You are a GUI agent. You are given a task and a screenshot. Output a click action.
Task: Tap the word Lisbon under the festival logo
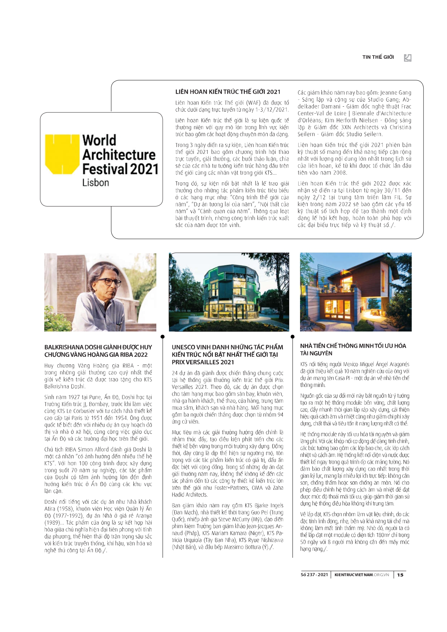[95, 183]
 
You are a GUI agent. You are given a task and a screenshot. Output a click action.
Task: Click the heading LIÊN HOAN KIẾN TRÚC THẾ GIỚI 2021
[228, 92]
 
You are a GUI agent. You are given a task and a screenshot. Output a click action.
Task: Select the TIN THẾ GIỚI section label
[378, 57]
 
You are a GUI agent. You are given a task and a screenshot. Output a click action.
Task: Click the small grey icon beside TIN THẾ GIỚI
[407, 58]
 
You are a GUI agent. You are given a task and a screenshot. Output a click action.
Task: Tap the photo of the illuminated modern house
[356, 292]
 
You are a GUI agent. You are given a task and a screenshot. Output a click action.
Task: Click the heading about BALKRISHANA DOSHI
[98, 351]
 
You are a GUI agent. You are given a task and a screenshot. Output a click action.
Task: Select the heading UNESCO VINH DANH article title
[227, 354]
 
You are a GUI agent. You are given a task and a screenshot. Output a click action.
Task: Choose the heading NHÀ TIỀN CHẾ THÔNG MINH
[353, 350]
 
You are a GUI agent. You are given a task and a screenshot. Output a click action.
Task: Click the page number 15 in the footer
[400, 575]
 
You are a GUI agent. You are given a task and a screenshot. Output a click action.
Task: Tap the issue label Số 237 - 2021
[314, 575]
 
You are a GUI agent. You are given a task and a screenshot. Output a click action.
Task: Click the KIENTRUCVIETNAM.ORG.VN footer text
[362, 575]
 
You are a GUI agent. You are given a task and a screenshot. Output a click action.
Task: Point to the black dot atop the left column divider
[162, 337]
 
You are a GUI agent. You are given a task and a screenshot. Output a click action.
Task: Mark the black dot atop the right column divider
[292, 337]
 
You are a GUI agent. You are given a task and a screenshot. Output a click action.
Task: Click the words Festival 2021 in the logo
[120, 169]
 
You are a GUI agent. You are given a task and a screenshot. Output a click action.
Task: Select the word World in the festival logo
[99, 140]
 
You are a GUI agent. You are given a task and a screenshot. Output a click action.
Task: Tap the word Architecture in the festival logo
[119, 155]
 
